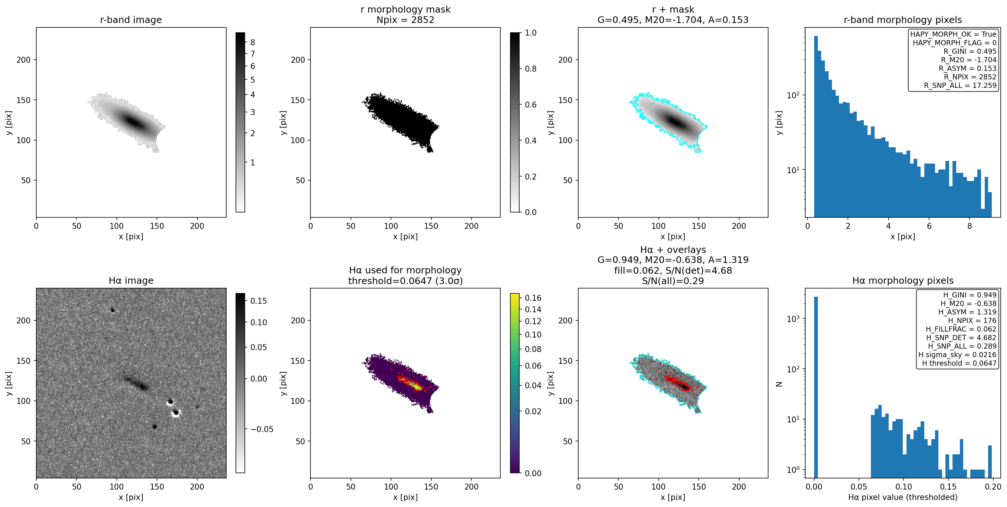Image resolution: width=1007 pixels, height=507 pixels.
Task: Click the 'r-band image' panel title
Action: tap(131, 20)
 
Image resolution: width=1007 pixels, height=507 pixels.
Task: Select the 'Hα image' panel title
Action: tap(131, 281)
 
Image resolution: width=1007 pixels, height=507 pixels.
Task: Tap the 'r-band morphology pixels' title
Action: tap(903, 20)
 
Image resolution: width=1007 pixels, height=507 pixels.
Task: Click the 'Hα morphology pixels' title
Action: tap(903, 281)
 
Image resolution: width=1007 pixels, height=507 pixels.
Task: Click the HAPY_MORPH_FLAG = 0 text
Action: tap(955, 43)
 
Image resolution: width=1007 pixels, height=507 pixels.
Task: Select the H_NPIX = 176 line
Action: tap(972, 320)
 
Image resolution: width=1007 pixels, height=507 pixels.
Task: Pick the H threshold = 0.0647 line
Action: tap(959, 363)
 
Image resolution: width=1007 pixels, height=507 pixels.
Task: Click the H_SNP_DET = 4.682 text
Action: tap(961, 338)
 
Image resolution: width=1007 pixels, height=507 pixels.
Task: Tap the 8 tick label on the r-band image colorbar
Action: tap(253, 43)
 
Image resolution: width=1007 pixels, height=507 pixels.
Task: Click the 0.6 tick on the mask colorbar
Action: tap(530, 105)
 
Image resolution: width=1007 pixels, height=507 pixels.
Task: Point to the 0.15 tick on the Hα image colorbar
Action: tap(259, 301)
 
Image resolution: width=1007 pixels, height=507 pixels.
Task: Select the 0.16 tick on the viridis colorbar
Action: tap(533, 298)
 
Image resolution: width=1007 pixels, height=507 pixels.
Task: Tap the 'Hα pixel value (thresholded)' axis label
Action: tap(903, 497)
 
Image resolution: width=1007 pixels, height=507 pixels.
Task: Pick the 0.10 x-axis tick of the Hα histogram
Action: tap(904, 487)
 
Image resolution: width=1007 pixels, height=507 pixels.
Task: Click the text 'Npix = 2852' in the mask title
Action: tap(405, 20)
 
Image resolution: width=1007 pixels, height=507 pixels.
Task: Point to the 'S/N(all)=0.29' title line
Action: tap(673, 281)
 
